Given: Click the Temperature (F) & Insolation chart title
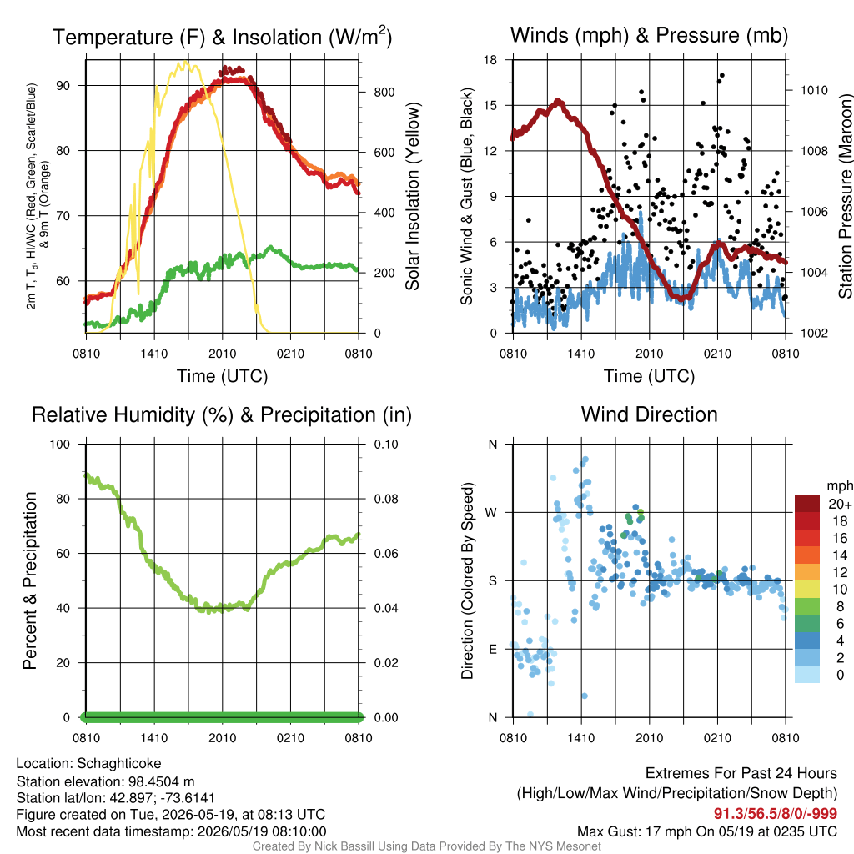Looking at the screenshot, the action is pyautogui.click(x=222, y=37).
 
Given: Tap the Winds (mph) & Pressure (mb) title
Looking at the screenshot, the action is pyautogui.click(x=649, y=35).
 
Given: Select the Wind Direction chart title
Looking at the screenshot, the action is pyautogui.click(x=649, y=414).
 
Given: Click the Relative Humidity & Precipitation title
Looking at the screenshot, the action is pyautogui.click(x=222, y=415).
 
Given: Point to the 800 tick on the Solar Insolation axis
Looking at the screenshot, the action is pyautogui.click(x=384, y=92).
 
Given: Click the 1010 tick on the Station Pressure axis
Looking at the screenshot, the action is pyautogui.click(x=814, y=90).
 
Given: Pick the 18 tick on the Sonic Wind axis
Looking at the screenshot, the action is pyautogui.click(x=490, y=60).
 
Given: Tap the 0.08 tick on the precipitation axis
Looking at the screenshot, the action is pyautogui.click(x=385, y=499).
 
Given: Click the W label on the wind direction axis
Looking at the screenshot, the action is pyautogui.click(x=491, y=513).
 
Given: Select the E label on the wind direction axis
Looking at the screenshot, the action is pyautogui.click(x=493, y=649).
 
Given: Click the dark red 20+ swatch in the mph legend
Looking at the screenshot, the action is pyautogui.click(x=807, y=504).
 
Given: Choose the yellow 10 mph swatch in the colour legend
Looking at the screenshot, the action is pyautogui.click(x=807, y=590).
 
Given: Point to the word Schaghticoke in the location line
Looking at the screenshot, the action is pyautogui.click(x=118, y=764).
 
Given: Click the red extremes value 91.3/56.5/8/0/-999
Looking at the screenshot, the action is pyautogui.click(x=776, y=814).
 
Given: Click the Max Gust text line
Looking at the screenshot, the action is pyautogui.click(x=707, y=831).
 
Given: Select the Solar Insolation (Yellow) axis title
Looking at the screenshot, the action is pyautogui.click(x=412, y=196).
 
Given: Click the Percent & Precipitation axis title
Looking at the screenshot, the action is pyautogui.click(x=29, y=580).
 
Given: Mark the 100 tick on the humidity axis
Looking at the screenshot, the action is pyautogui.click(x=60, y=445).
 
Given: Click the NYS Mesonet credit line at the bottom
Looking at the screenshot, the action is pyautogui.click(x=426, y=846).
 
